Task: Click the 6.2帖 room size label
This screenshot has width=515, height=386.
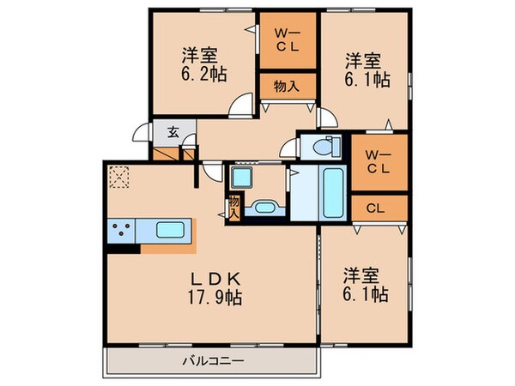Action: [203, 75]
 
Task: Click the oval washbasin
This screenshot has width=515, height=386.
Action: [263, 208]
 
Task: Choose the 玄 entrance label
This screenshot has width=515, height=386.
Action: [173, 132]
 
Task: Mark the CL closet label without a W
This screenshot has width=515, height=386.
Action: [376, 208]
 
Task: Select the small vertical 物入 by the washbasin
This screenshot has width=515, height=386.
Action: [233, 208]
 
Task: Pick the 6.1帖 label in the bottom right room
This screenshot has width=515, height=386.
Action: [367, 286]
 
